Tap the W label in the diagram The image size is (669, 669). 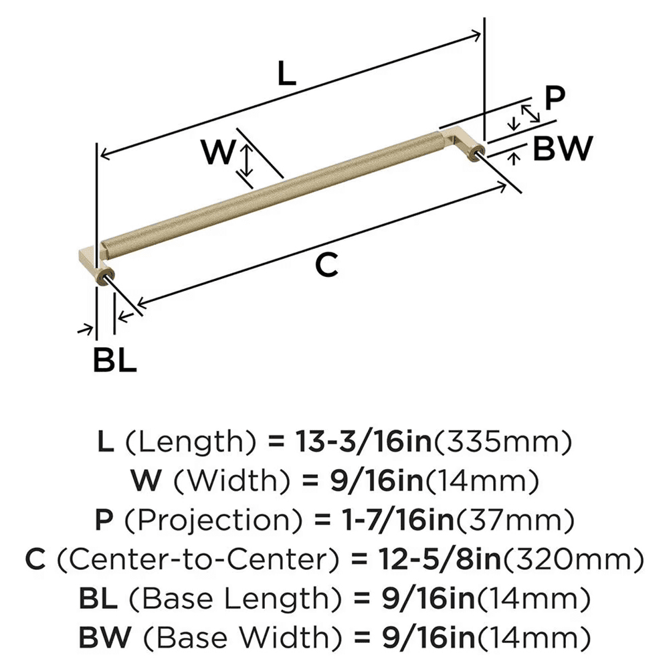(x=219, y=153)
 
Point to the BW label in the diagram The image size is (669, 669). (x=562, y=149)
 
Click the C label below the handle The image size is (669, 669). (x=328, y=266)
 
